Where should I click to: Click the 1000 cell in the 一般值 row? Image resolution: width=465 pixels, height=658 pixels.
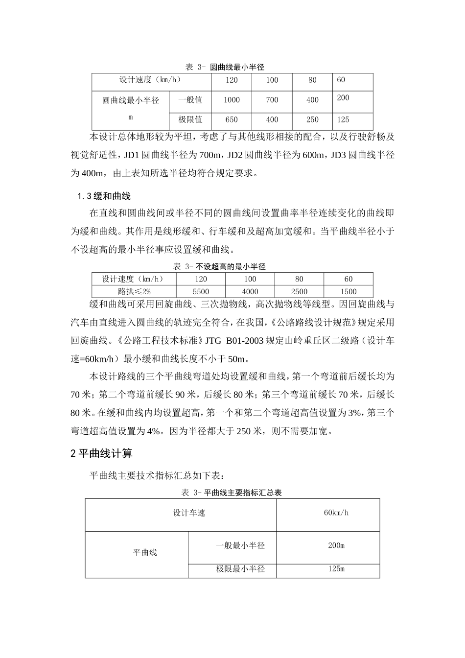pos(232,100)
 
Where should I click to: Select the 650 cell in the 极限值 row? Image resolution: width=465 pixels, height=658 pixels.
pos(232,119)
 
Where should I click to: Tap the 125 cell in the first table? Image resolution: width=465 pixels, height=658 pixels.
pos(343,119)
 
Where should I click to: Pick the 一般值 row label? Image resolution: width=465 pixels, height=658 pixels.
pos(190,100)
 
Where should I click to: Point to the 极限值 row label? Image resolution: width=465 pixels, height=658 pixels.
pos(190,119)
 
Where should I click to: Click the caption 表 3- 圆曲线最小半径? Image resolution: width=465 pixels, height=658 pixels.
pos(225,67)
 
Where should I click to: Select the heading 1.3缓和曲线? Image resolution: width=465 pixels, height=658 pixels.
pos(104,196)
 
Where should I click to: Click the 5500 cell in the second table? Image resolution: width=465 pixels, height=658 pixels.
pos(201,291)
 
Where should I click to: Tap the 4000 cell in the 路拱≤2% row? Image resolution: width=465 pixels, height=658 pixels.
pos(250,291)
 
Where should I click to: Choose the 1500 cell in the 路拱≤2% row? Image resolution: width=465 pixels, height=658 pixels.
pos(348,291)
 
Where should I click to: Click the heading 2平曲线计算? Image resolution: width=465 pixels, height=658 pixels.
pos(101,453)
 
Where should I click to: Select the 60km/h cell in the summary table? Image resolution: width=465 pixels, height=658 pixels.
pos(336,513)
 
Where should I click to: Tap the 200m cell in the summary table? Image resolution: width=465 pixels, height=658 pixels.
pos(336,545)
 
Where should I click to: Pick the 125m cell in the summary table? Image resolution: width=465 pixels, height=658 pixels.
pos(336,569)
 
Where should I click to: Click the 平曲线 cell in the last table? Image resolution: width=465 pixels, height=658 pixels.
pos(145,553)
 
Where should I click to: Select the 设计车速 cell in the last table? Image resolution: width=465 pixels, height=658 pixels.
pos(189,513)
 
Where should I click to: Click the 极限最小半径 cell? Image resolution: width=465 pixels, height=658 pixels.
pos(240,569)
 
